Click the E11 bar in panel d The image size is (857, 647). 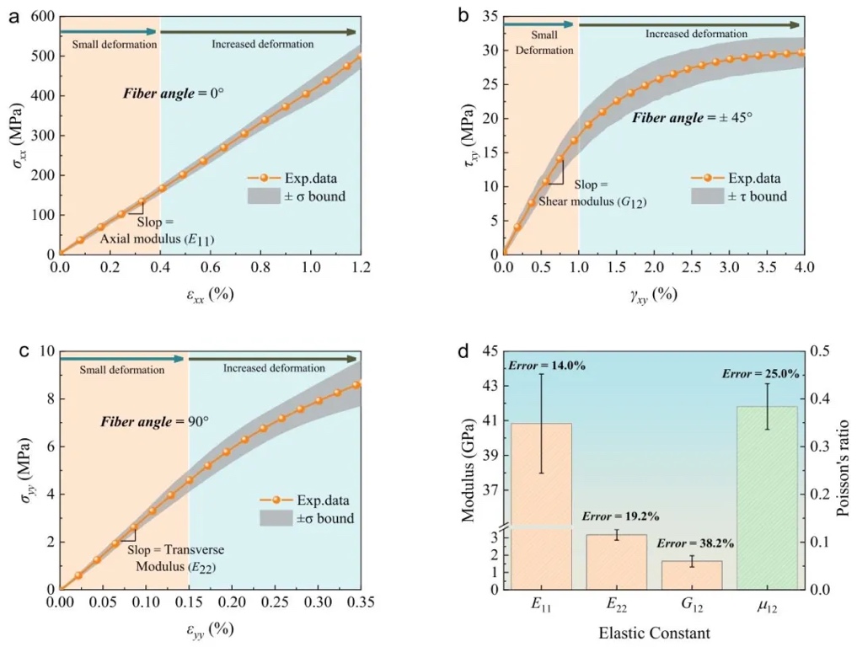click(540, 505)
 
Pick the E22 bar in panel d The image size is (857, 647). click(616, 561)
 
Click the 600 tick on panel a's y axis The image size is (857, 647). click(43, 17)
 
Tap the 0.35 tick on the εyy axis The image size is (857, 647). click(362, 604)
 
